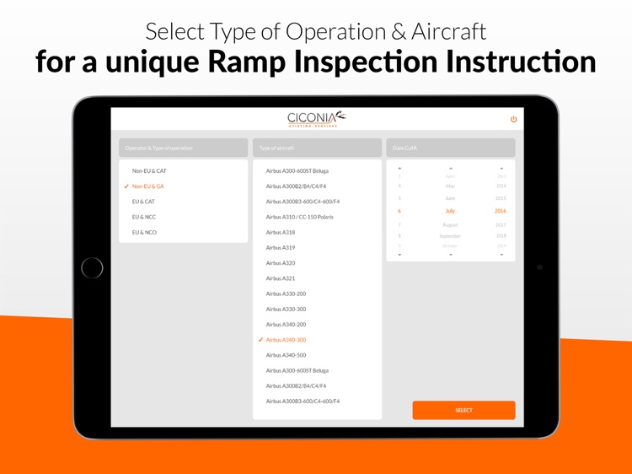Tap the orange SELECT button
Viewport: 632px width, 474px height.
463,410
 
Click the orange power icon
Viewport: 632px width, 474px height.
513,119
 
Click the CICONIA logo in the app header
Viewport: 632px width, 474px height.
316,119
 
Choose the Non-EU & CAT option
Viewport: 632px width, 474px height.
149,171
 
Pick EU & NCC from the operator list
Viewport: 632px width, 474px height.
144,217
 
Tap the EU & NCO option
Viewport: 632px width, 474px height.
144,232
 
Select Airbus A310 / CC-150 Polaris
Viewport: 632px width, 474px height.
299,217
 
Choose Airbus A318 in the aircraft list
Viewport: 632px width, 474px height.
280,232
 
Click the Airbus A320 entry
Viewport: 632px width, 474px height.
280,263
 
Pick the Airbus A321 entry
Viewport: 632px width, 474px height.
280,278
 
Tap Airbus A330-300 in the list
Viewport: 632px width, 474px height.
286,309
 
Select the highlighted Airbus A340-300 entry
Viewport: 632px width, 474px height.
286,340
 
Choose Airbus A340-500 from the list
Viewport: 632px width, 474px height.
286,355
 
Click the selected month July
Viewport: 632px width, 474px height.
450,211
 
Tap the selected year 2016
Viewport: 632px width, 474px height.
501,211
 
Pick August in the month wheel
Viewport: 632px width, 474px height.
450,225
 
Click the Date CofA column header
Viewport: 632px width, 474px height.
450,148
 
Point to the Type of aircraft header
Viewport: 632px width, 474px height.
317,148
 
